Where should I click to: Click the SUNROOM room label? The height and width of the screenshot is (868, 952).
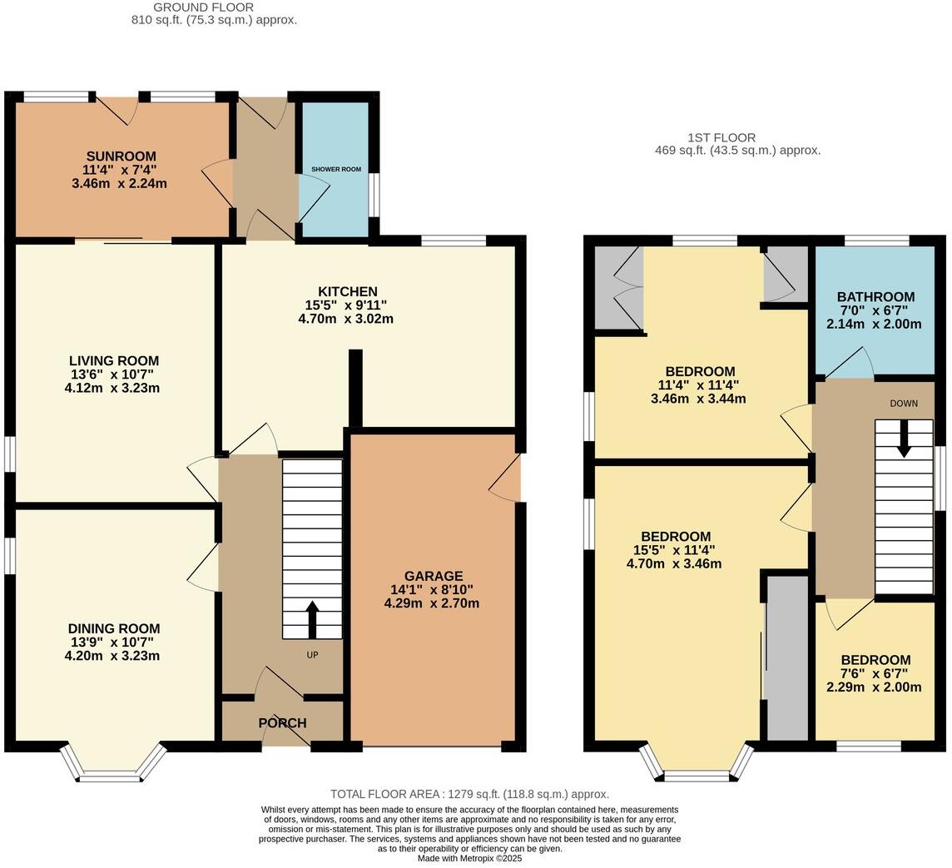pyautogui.click(x=121, y=156)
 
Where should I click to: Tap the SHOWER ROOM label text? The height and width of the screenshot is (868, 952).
pyautogui.click(x=336, y=169)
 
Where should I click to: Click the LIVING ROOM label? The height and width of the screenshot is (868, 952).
pyautogui.click(x=113, y=360)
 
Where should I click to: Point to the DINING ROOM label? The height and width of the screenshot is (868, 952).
pyautogui.click(x=113, y=628)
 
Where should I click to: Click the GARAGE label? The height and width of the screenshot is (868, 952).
pyautogui.click(x=433, y=576)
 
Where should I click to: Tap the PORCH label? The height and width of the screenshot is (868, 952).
pyautogui.click(x=282, y=723)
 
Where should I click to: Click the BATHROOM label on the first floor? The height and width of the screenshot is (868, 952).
pyautogui.click(x=875, y=297)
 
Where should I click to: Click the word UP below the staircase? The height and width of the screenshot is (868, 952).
pyautogui.click(x=312, y=655)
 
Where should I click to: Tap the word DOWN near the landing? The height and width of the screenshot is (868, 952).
pyautogui.click(x=904, y=404)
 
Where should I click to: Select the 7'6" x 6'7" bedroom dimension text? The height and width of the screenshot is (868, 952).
pyautogui.click(x=875, y=674)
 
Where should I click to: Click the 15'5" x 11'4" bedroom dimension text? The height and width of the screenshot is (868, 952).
pyautogui.click(x=675, y=550)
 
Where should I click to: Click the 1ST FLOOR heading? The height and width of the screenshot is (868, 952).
pyautogui.click(x=721, y=137)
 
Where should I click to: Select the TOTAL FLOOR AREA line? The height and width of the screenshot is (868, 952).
pyautogui.click(x=469, y=794)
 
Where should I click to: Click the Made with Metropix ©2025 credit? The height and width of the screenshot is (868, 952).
pyautogui.click(x=469, y=858)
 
